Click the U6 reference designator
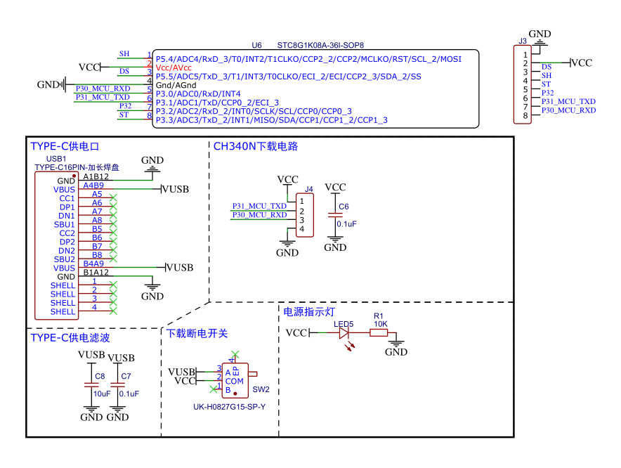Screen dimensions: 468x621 click(x=256, y=44)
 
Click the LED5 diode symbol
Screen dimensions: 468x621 click(x=344, y=333)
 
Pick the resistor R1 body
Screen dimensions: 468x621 click(x=379, y=333)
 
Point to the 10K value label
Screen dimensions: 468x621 click(x=380, y=324)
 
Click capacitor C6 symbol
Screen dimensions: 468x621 click(x=335, y=215)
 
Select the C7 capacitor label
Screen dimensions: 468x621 click(x=126, y=377)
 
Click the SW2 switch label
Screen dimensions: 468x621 click(x=261, y=389)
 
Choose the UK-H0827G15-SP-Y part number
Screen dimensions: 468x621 click(x=230, y=407)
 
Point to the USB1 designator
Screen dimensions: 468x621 click(x=55, y=160)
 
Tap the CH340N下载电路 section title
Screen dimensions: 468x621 click(x=256, y=147)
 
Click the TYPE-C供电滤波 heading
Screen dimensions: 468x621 click(x=70, y=338)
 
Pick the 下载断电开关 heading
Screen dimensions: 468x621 click(x=197, y=333)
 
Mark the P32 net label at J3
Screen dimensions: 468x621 click(x=548, y=92)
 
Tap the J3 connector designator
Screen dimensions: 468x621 click(x=523, y=41)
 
